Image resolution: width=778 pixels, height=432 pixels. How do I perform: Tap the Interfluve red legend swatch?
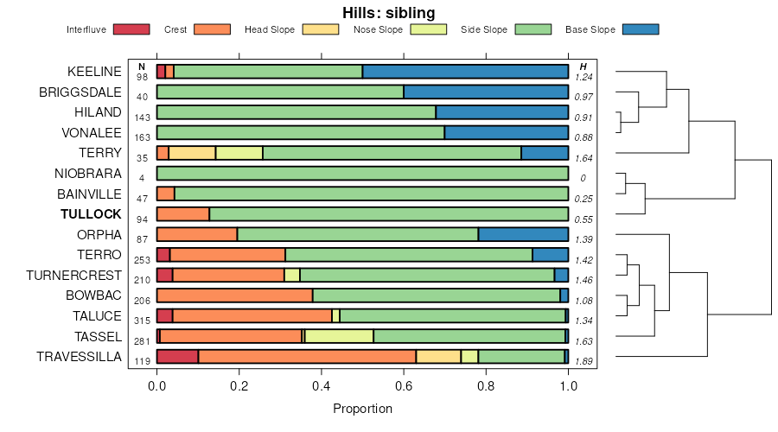[131, 29]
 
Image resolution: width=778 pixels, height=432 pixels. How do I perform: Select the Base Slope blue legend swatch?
[641, 29]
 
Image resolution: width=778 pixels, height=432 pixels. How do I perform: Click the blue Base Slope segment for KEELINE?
[465, 71]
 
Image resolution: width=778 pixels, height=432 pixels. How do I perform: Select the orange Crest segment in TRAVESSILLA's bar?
[307, 357]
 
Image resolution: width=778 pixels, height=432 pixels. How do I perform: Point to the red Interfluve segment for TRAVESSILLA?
[177, 357]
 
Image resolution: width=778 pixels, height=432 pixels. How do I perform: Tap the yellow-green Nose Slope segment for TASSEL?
[339, 336]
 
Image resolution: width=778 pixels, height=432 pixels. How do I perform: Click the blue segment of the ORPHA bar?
[523, 234]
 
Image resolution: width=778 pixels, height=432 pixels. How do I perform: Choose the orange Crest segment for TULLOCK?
[183, 214]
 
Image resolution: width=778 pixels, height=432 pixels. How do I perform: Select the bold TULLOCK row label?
[91, 214]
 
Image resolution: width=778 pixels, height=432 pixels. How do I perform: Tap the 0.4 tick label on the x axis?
[322, 385]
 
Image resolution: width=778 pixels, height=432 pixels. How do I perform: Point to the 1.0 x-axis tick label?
[568, 385]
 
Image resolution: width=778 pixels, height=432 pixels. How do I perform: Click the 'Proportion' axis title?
[362, 409]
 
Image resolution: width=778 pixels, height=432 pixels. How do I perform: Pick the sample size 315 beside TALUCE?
[142, 321]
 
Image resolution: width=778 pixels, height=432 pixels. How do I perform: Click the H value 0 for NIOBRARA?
[583, 178]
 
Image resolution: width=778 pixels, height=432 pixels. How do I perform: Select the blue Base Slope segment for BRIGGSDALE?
[486, 92]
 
